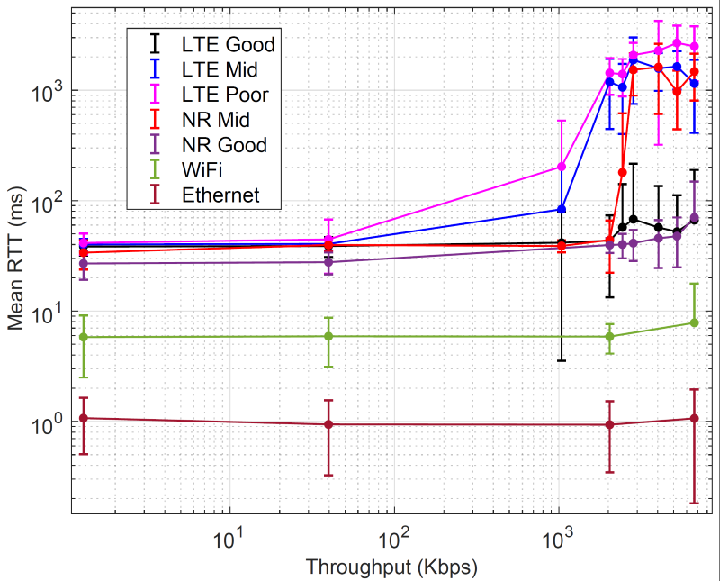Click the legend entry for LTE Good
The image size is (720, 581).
[228, 43]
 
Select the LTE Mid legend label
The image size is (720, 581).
[221, 68]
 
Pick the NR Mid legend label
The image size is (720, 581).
[215, 119]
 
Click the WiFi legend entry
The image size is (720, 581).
[202, 169]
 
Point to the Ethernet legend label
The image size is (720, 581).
[220, 195]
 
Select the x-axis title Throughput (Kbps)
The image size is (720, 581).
[391, 567]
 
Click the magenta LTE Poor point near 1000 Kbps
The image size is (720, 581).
[562, 167]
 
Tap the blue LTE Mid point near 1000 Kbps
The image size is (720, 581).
[562, 209]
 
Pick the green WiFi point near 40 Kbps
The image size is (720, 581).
[328, 336]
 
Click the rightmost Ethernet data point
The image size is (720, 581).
[694, 418]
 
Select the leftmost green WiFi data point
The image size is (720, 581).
[84, 337]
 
